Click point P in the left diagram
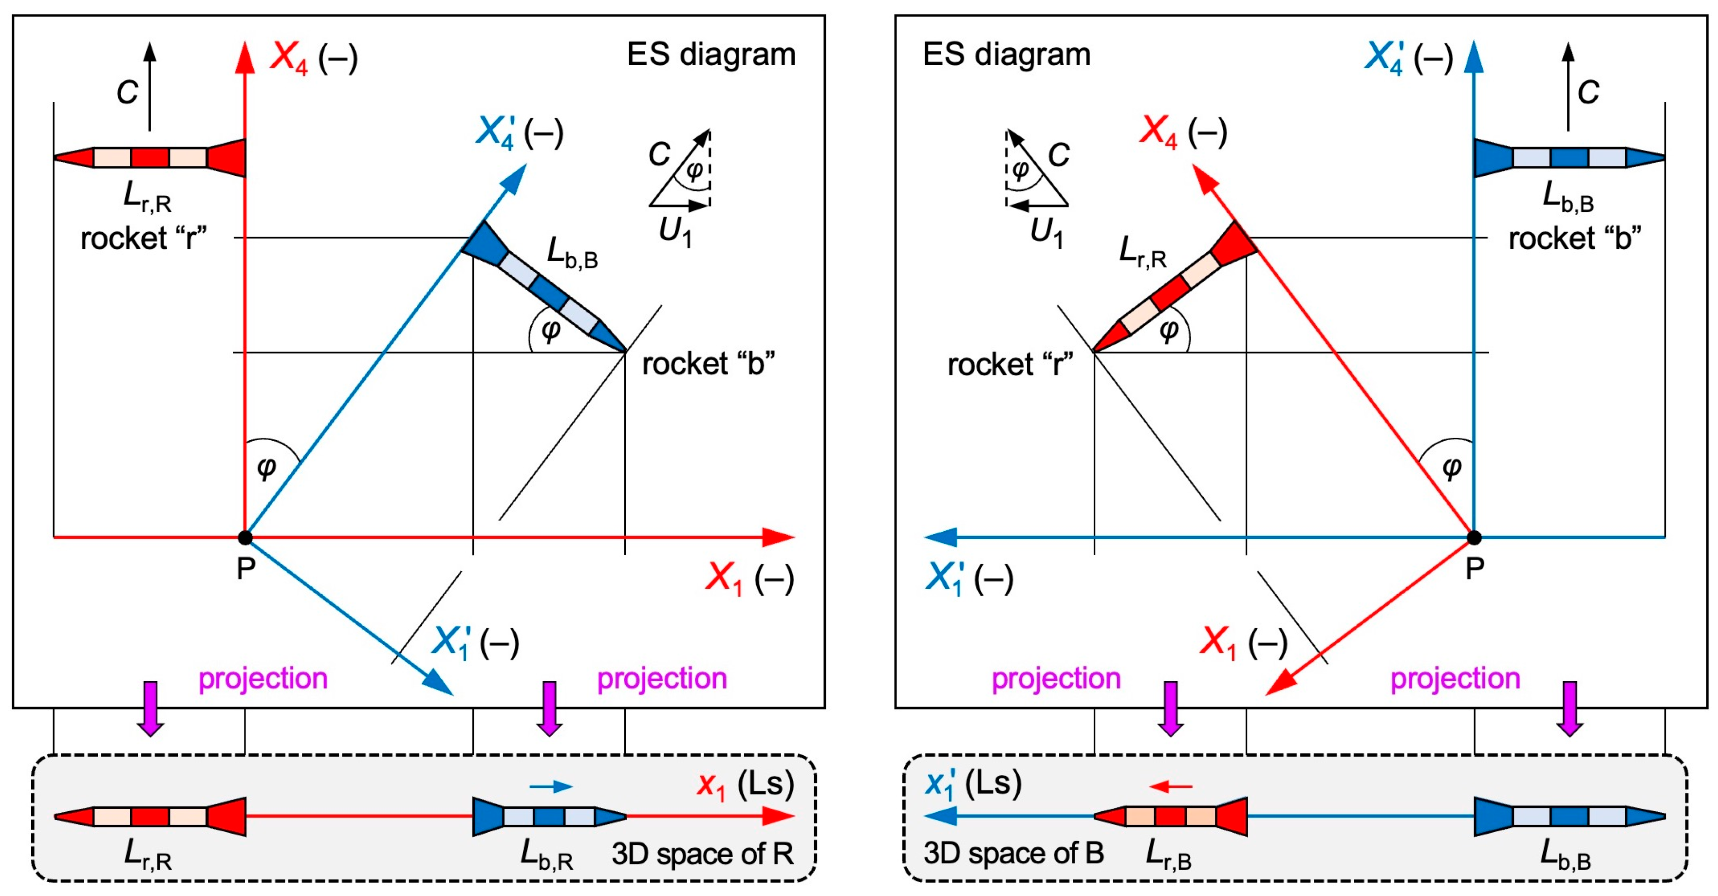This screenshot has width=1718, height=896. point(245,537)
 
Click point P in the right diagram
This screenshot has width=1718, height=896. point(1475,537)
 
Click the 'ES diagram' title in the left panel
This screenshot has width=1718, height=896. point(711,54)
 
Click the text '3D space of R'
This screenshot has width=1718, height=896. point(702,854)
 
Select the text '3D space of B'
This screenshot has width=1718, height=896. point(1013,853)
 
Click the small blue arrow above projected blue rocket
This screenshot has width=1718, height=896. point(551,786)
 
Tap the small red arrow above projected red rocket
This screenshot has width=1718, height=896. point(1171,786)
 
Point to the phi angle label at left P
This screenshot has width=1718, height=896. point(267,467)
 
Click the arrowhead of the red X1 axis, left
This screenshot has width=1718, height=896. point(780,537)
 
